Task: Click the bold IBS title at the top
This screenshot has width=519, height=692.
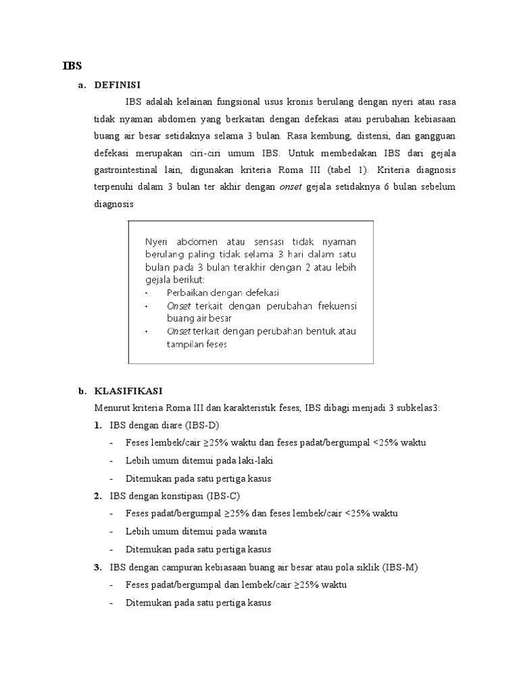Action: (72, 66)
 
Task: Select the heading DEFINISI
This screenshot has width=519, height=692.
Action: (118, 84)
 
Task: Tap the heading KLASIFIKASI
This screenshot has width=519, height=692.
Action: (128, 391)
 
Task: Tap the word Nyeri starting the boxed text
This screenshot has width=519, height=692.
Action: (157, 243)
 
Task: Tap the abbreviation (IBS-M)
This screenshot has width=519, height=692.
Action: (400, 567)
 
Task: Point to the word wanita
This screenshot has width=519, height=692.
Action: (249, 531)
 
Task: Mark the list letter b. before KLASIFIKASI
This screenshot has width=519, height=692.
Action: (82, 391)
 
